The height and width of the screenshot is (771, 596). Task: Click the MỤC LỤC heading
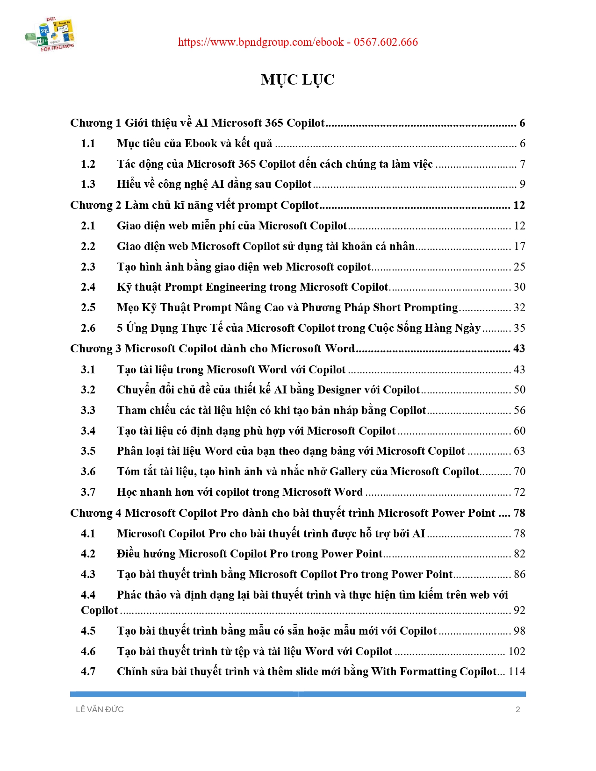point(298,80)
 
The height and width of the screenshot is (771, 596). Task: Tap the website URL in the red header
point(261,42)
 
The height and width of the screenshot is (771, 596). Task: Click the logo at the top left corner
point(50,34)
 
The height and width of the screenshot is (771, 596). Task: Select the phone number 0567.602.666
point(386,42)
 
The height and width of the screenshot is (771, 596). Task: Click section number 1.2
point(88,164)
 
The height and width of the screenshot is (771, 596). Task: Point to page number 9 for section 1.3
point(522,184)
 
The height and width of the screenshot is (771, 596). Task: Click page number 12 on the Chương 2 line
point(519,205)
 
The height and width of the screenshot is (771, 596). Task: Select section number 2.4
point(88,287)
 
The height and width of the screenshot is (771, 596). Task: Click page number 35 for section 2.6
point(519,328)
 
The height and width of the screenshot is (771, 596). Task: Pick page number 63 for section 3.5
point(519,451)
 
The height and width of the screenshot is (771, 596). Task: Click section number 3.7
point(88,492)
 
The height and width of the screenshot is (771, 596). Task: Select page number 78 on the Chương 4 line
point(519,513)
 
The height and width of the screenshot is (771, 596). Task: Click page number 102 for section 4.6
point(517,651)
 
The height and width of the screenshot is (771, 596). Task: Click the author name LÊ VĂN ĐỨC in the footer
point(100,709)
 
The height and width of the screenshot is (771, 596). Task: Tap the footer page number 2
point(517,709)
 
